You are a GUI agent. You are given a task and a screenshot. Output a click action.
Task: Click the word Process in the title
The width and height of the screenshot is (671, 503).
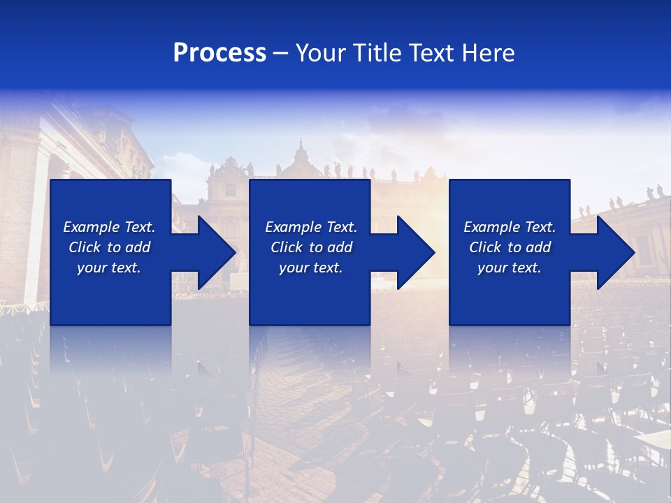[219, 53]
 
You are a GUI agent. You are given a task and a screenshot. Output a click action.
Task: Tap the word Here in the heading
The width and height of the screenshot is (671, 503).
[487, 53]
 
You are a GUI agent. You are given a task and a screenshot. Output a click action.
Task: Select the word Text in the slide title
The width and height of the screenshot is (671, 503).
[431, 53]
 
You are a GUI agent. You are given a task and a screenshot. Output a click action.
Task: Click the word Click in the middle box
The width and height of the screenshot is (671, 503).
[287, 247]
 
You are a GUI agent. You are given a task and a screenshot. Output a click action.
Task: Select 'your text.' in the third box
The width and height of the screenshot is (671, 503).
[509, 268]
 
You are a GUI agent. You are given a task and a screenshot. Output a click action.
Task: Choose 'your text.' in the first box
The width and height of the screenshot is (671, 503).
[108, 268]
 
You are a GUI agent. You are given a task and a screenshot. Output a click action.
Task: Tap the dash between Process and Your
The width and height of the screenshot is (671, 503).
[281, 53]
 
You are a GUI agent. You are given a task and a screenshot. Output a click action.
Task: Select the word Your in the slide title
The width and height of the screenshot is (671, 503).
[321, 53]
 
